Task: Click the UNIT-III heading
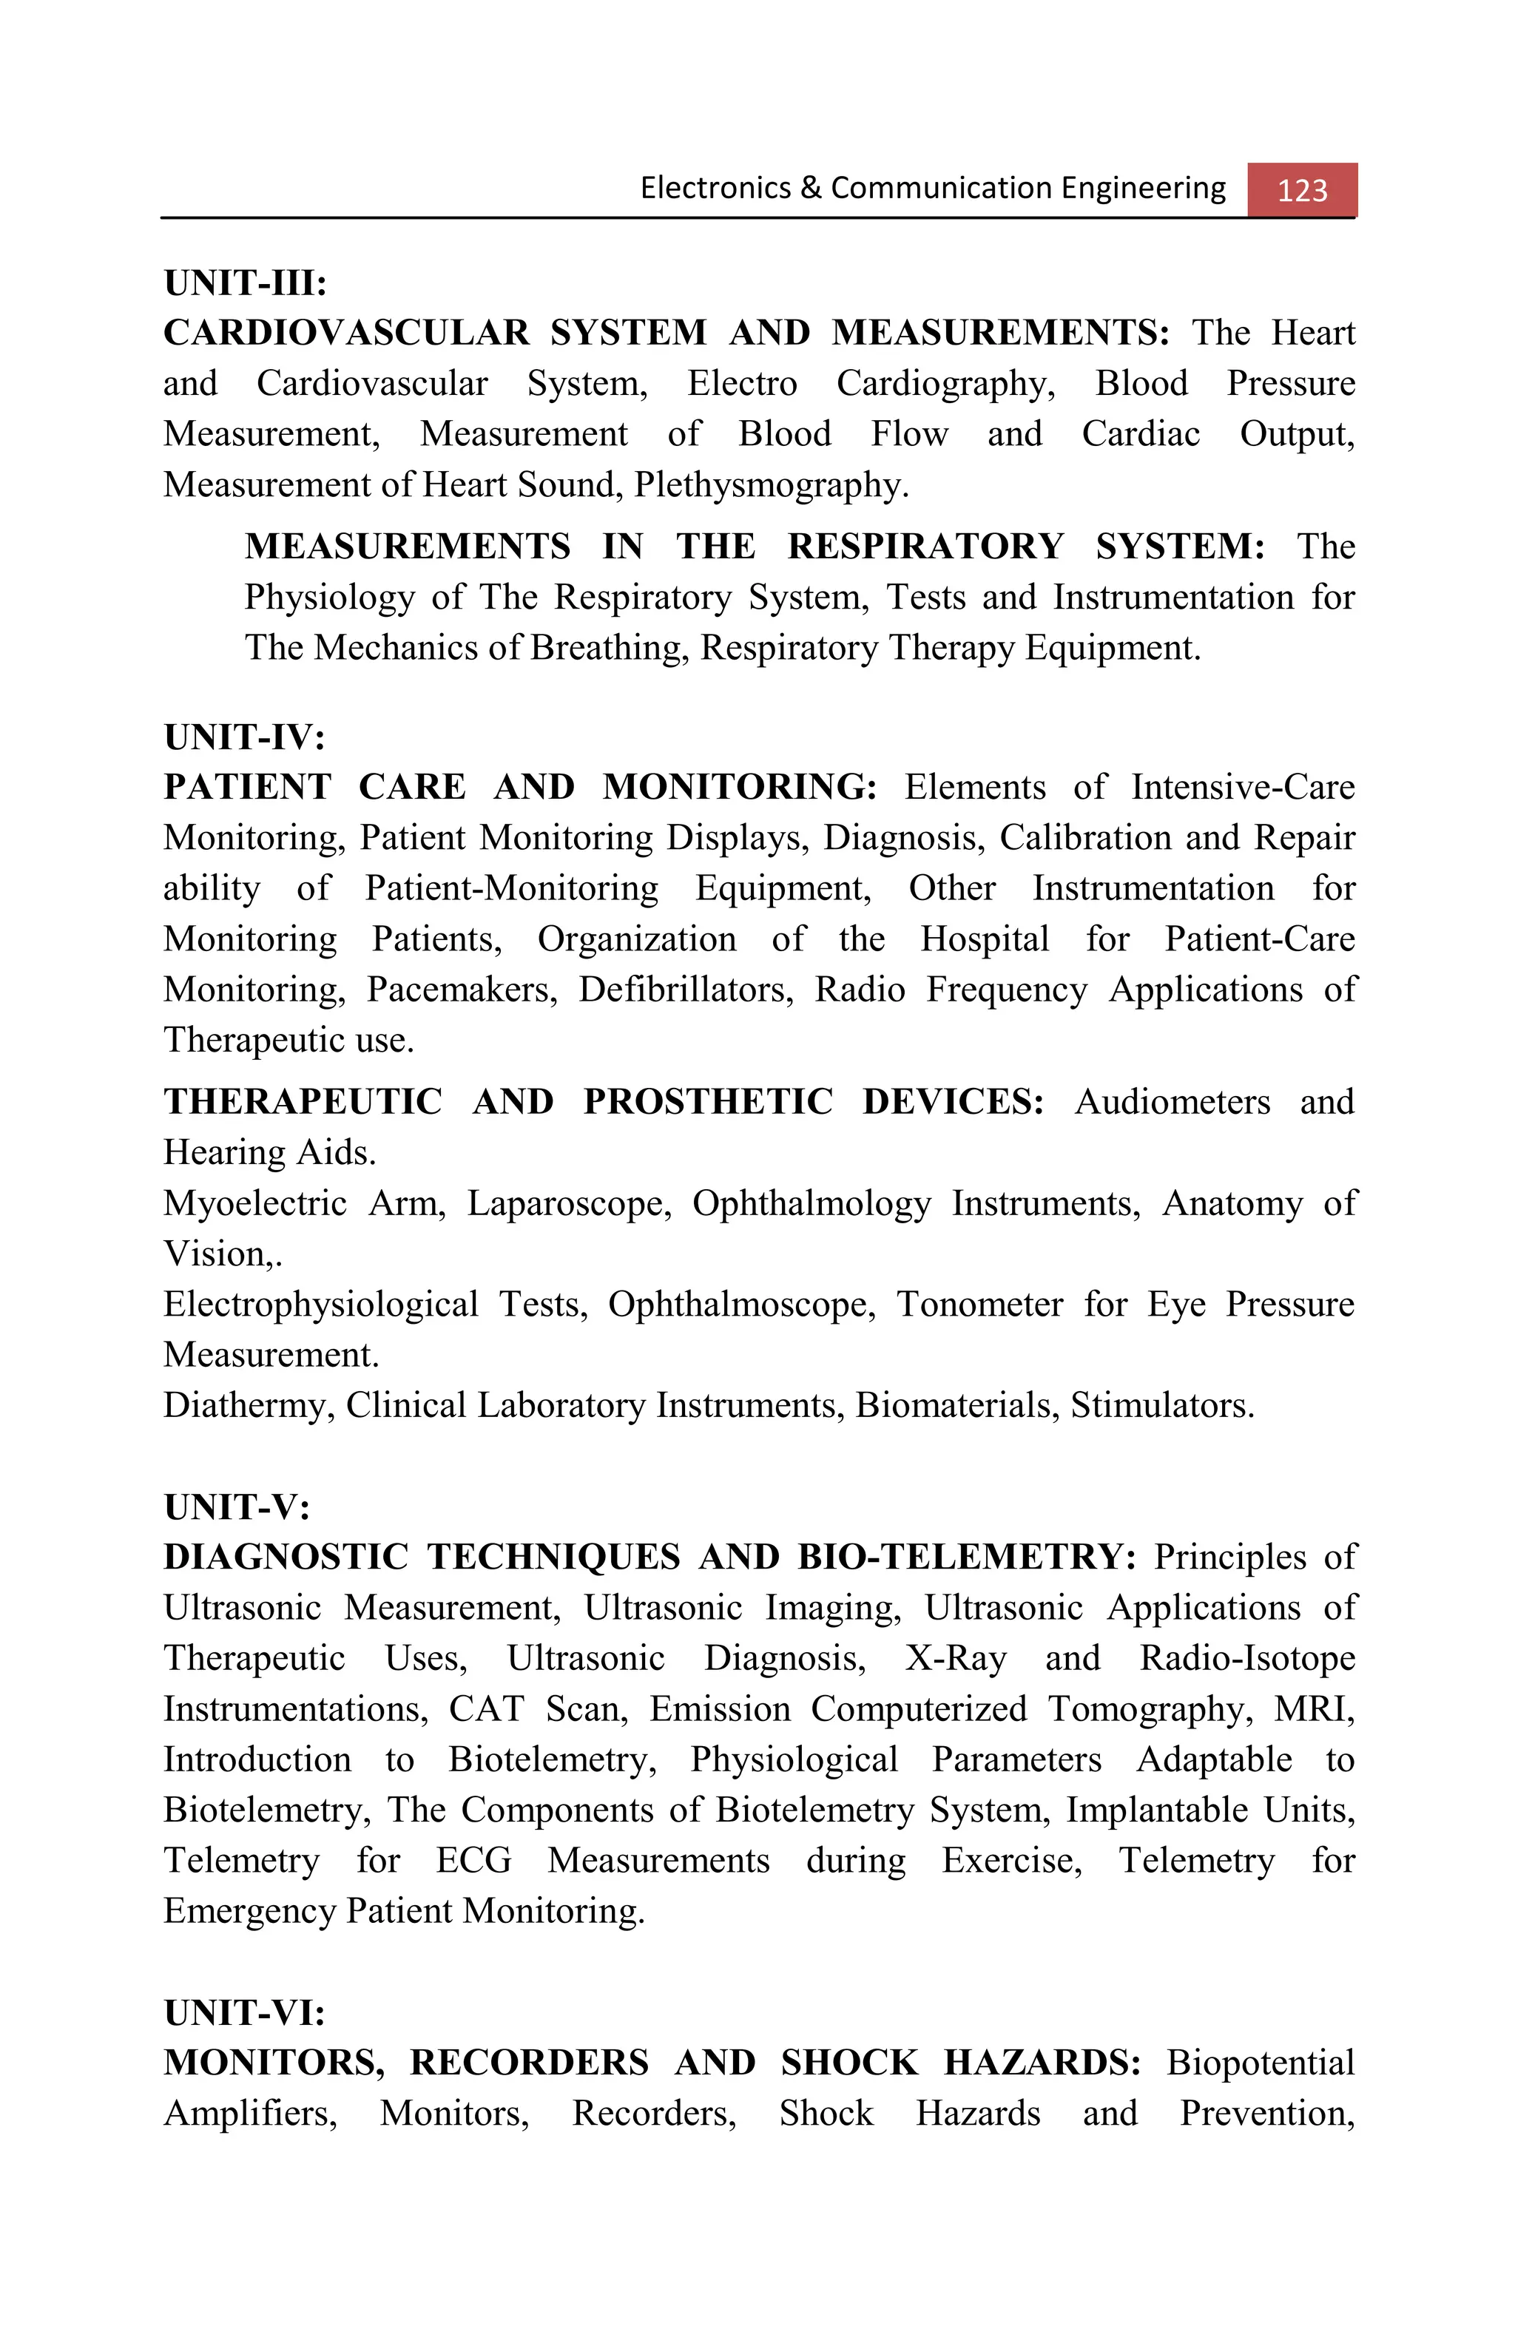coord(245,283)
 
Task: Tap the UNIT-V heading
coord(236,1507)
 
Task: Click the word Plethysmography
coord(771,484)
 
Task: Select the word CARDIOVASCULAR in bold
coord(346,332)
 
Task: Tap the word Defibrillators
coord(685,989)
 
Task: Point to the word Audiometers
coord(1172,1101)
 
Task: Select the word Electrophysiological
coord(320,1304)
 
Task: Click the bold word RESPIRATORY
coord(925,546)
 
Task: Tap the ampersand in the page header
coord(810,188)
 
